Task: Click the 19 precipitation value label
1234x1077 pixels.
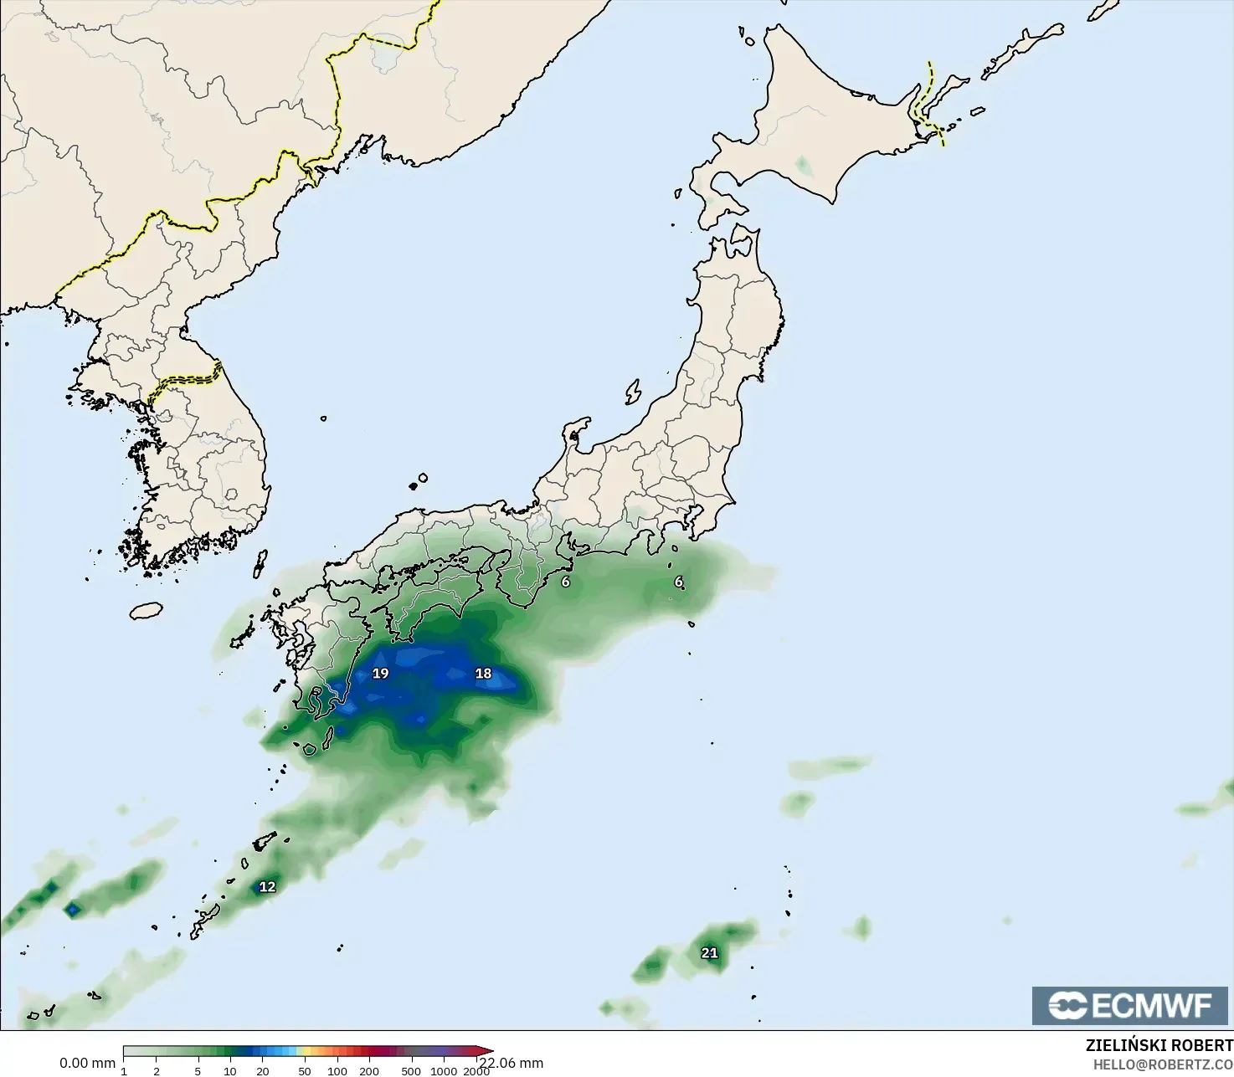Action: coord(380,674)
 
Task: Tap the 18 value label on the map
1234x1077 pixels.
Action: coord(483,674)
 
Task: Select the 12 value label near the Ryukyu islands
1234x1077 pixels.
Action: coord(267,887)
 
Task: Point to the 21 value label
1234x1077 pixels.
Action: coord(709,953)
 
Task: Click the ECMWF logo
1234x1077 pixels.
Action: coord(1130,1005)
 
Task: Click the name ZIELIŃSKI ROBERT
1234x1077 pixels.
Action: coord(1159,1046)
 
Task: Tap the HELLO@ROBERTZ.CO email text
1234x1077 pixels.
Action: coord(1163,1064)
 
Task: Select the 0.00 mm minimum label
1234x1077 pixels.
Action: coord(87,1064)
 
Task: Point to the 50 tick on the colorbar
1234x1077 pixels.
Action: coord(304,1071)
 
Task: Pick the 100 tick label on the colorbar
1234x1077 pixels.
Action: coord(337,1071)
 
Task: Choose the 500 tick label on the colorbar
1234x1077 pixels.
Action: coord(411,1071)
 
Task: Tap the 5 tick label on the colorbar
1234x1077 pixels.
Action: coord(198,1071)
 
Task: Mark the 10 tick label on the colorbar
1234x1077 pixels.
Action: coord(229,1071)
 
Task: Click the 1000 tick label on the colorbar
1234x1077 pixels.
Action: coord(444,1071)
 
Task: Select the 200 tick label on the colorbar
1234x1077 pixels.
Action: coord(369,1071)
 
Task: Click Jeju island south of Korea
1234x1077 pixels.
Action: coord(146,611)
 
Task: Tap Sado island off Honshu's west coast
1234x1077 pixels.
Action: coord(633,392)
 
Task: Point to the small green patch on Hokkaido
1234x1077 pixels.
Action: coord(803,165)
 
